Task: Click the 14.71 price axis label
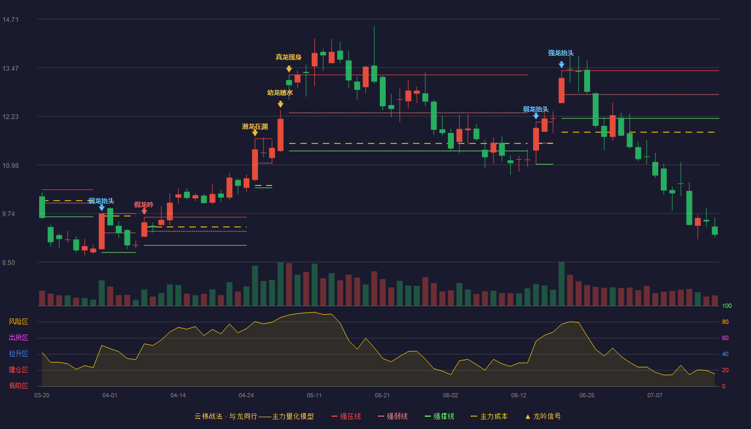[x=10, y=19]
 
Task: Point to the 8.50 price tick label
[x=9, y=262]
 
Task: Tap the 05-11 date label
[x=314, y=396]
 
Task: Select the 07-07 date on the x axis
[x=655, y=396]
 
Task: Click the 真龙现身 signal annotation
[x=289, y=57]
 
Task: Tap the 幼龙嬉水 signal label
[x=280, y=92]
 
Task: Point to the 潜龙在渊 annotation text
[x=255, y=127]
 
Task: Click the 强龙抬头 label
[x=561, y=53]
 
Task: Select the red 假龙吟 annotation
[x=144, y=204]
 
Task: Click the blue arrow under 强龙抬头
[x=562, y=64]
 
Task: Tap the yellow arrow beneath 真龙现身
[x=289, y=69]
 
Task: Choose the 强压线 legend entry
[x=346, y=416]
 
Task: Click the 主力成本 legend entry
[x=489, y=416]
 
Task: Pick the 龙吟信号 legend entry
[x=543, y=416]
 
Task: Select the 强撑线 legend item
[x=439, y=416]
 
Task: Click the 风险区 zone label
[x=18, y=321]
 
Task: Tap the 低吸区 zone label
[x=18, y=386]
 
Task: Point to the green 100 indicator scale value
[x=727, y=306]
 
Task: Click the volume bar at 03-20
[x=42, y=298]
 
